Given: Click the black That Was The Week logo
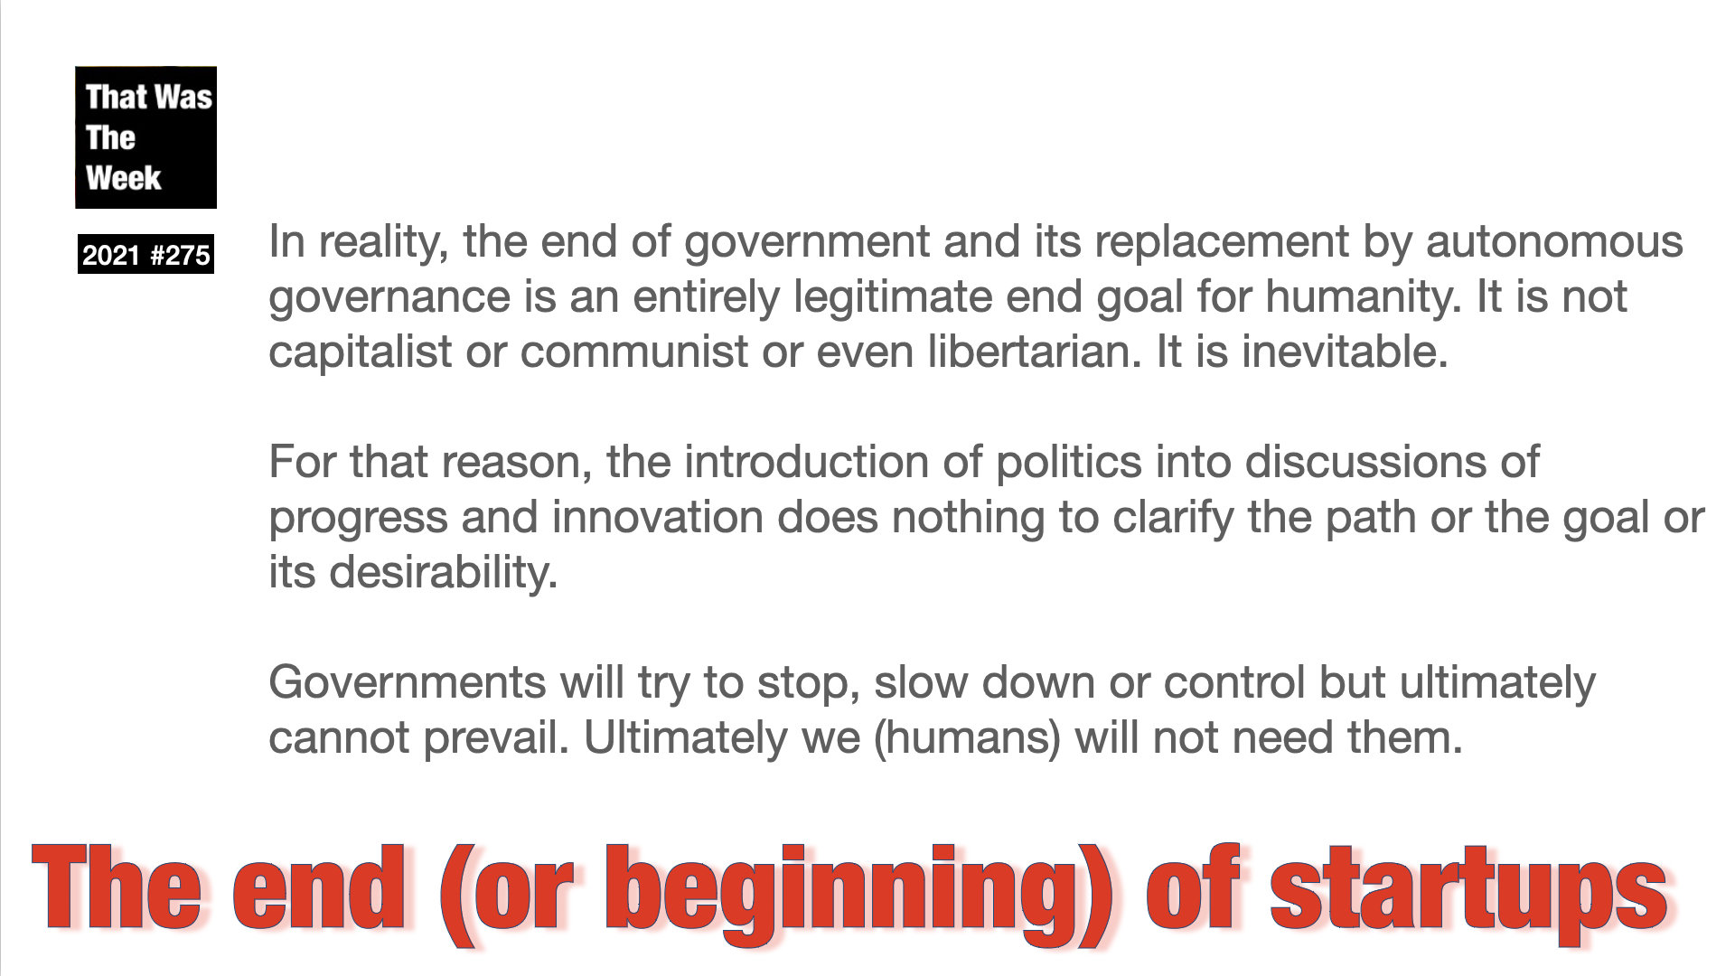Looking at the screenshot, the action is pyautogui.click(x=145, y=137).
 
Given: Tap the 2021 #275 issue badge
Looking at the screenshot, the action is pyautogui.click(x=145, y=255).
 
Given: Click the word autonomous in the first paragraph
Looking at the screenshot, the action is pyautogui.click(x=1554, y=242).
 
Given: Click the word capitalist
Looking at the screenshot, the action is pyautogui.click(x=361, y=352).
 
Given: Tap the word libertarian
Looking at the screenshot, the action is pyautogui.click(x=1029, y=351).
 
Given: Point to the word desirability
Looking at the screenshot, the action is pyautogui.click(x=443, y=573).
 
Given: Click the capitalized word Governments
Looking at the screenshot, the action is pyautogui.click(x=408, y=682).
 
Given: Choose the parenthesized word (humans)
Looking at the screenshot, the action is pyautogui.click(x=967, y=738).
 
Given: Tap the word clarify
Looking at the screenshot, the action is pyautogui.click(x=1172, y=518).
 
